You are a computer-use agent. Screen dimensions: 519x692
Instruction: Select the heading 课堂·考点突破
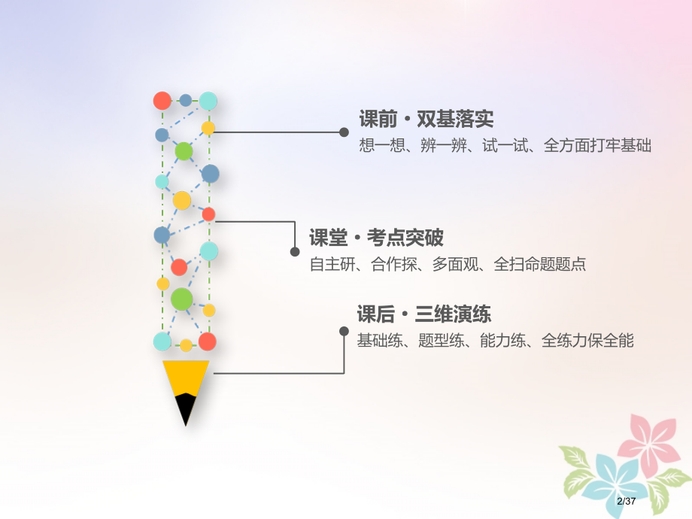pyautogui.click(x=376, y=238)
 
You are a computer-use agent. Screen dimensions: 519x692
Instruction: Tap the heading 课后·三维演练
pyautogui.click(x=423, y=314)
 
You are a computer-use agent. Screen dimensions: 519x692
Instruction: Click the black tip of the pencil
pyautogui.click(x=186, y=409)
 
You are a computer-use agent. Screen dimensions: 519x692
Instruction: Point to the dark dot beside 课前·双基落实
pyautogui.click(x=344, y=132)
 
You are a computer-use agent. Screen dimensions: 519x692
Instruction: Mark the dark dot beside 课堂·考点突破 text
pyautogui.click(x=295, y=252)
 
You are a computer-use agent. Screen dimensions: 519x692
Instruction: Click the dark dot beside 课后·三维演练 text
pyautogui.click(x=344, y=330)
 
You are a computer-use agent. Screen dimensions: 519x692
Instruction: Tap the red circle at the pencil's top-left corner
pyautogui.click(x=162, y=100)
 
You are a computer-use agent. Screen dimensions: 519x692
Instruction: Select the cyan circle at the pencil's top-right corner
pyautogui.click(x=208, y=100)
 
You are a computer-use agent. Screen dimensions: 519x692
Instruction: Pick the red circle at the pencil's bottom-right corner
pyautogui.click(x=208, y=341)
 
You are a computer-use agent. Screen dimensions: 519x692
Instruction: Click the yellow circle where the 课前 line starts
pyautogui.click(x=208, y=129)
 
